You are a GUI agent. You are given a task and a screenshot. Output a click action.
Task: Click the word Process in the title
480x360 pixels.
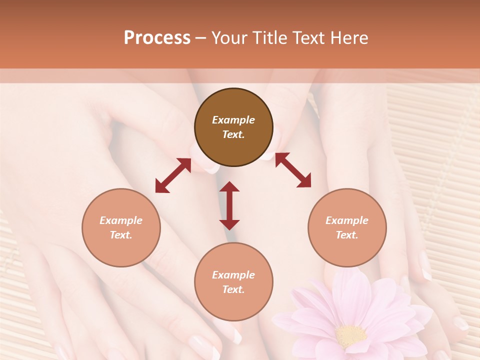point(157,38)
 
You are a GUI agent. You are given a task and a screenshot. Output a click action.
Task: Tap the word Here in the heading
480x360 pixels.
point(347,38)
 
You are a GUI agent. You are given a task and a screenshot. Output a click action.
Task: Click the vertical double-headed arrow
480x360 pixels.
point(229,205)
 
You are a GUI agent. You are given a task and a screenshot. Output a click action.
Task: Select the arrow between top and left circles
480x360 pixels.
point(173,175)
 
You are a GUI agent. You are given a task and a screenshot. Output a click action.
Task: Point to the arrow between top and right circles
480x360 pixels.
point(293,170)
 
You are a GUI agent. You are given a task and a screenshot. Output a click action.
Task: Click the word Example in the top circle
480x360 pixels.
point(233,120)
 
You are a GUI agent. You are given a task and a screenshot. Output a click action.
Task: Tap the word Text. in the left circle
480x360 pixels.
point(121,235)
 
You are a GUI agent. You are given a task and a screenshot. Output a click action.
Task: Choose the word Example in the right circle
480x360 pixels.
point(347,220)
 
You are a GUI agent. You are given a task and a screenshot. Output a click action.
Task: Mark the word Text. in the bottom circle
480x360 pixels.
point(233,289)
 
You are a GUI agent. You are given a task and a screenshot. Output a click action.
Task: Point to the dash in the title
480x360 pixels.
point(200,38)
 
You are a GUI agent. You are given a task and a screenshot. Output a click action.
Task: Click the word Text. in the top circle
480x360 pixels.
point(233,134)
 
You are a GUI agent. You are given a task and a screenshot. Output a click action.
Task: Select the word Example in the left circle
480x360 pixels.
point(121,220)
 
